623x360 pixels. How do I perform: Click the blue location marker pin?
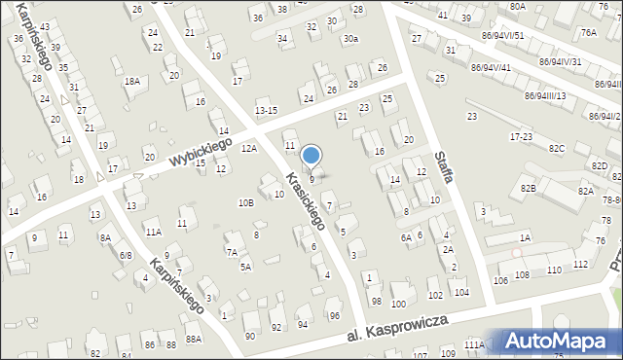(x=311, y=156)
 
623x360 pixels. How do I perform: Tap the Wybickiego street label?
(x=199, y=150)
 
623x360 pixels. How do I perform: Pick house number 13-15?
(x=267, y=111)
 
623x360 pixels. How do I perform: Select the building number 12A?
(x=250, y=148)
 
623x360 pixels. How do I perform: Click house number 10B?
(x=246, y=202)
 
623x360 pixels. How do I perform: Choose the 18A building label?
(x=132, y=83)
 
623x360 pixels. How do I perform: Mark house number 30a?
(x=350, y=39)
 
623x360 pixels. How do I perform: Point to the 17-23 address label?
(x=521, y=137)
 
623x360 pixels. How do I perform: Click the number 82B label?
(x=555, y=187)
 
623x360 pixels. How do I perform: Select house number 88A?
(x=194, y=339)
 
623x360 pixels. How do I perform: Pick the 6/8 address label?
(x=126, y=255)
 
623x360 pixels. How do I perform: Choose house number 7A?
(x=232, y=252)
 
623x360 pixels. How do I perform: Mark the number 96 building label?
(x=334, y=315)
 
